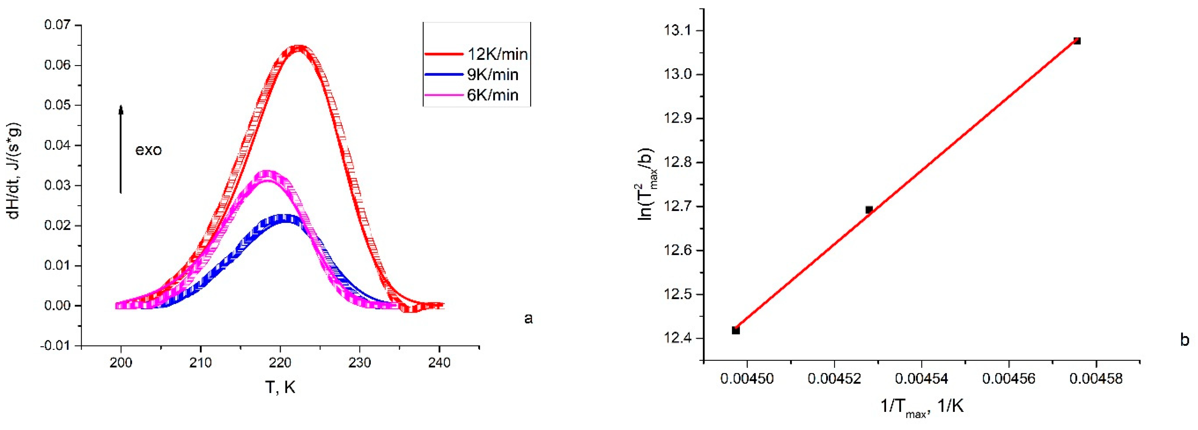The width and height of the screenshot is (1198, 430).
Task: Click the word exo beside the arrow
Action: (148, 150)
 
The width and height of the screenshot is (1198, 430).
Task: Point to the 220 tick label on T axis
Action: (280, 362)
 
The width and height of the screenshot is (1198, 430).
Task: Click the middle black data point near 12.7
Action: (869, 210)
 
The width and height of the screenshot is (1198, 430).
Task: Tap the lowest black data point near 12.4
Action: (736, 330)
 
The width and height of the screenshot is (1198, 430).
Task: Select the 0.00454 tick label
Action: (921, 378)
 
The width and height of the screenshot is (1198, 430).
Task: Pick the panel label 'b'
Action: (1184, 340)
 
